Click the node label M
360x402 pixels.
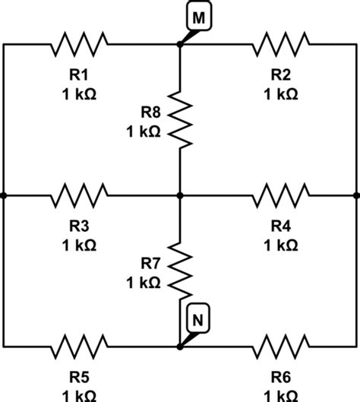coord(196,18)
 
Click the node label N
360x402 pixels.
coord(196,321)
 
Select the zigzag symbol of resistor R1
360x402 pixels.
coord(80,44)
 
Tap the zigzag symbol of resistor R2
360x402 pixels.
coord(280,44)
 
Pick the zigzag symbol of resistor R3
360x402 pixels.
coord(80,195)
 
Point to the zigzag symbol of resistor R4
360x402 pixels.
coord(280,195)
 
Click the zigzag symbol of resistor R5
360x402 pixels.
coord(80,347)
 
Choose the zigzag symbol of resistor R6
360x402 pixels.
coord(280,347)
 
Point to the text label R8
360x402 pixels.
coord(150,112)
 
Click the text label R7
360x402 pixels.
coord(150,264)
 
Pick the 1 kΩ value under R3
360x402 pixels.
coord(80,245)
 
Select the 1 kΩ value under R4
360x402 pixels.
coord(280,245)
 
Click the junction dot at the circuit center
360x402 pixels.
coord(180,195)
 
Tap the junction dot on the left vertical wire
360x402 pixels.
coord(3,195)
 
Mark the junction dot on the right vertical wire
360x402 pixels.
coord(357,195)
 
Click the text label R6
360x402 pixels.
coord(280,378)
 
